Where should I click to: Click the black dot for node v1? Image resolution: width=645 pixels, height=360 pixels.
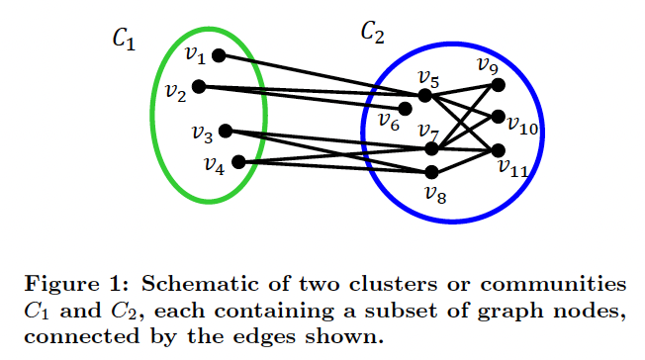pyautogui.click(x=219, y=55)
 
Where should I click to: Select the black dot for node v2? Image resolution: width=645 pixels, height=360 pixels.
pyautogui.click(x=199, y=86)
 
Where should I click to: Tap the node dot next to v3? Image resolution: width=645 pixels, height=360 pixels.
pyautogui.click(x=226, y=131)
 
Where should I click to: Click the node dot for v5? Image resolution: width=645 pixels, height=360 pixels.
pyautogui.click(x=425, y=96)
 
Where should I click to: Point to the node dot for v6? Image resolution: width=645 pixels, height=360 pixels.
pyautogui.click(x=405, y=109)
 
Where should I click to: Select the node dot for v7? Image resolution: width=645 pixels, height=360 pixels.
pyautogui.click(x=430, y=148)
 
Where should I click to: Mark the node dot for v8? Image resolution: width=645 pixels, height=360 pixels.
pyautogui.click(x=430, y=172)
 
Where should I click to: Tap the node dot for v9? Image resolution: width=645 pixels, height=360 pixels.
pyautogui.click(x=498, y=84)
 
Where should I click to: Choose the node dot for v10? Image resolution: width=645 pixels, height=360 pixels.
pyautogui.click(x=498, y=116)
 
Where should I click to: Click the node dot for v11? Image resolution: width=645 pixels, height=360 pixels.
pyautogui.click(x=498, y=150)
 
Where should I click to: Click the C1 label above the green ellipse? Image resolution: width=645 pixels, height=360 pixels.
pyautogui.click(x=124, y=40)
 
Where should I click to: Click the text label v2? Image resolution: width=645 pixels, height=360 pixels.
pyautogui.click(x=176, y=95)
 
